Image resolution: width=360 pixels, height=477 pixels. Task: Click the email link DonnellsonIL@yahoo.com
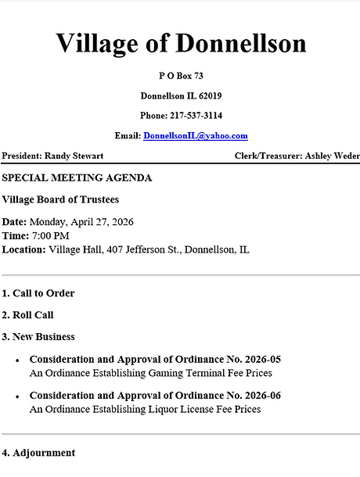[195, 135]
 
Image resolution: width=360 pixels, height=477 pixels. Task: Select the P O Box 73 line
[181, 76]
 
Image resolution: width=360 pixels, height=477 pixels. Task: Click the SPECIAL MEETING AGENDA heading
[77, 178]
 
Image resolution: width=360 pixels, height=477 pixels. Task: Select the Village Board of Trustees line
[60, 199]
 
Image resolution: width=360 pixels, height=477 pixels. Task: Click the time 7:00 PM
[50, 235]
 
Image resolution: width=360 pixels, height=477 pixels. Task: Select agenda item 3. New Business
[38, 336]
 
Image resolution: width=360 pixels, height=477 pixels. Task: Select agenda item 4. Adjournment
[38, 452]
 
